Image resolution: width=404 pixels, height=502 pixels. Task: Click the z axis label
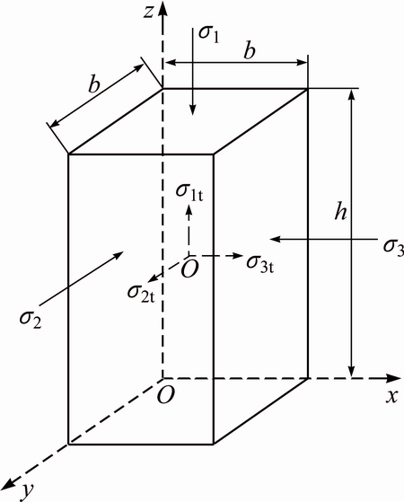tap(148, 13)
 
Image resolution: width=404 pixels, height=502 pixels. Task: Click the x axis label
tap(391, 397)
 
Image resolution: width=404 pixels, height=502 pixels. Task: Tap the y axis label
tap(27, 491)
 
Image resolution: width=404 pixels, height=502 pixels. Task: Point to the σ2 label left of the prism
tap(31, 320)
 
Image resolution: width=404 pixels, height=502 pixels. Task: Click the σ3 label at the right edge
tap(394, 247)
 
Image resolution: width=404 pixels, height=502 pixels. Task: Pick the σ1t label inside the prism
tap(189, 192)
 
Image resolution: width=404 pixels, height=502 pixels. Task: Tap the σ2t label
tap(141, 294)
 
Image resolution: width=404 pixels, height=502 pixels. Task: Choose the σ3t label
tap(260, 264)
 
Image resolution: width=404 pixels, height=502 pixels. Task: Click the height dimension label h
tap(340, 211)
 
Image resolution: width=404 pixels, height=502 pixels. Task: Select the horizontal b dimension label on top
tap(250, 50)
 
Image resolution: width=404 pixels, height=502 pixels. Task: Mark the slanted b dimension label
tap(94, 84)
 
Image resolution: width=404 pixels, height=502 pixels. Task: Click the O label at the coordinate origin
tap(166, 394)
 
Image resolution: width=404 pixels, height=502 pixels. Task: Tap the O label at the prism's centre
tap(189, 269)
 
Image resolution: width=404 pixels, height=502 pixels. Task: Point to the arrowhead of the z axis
tap(163, 10)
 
